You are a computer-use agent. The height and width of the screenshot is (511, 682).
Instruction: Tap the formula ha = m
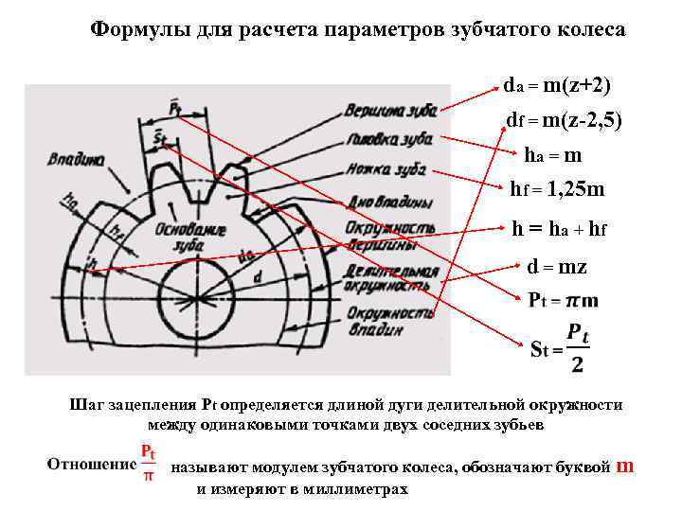(x=553, y=155)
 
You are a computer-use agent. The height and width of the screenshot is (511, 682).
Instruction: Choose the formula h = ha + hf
(x=559, y=228)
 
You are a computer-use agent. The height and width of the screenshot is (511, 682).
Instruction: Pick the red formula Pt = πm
(x=563, y=301)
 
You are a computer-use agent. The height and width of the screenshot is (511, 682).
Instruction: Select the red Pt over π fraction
(x=148, y=462)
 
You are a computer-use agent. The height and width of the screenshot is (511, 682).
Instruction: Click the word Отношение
(x=91, y=465)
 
